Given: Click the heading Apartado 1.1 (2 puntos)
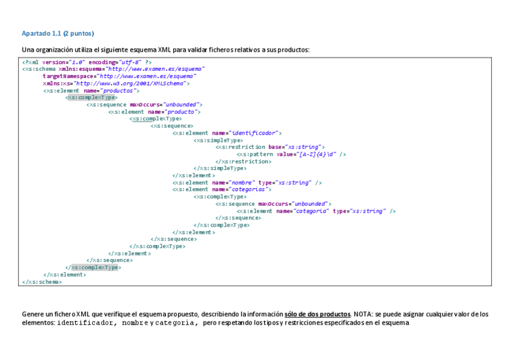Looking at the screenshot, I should tap(58, 33).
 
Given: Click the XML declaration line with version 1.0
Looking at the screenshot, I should tap(87, 62).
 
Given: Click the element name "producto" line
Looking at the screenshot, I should tap(155, 112).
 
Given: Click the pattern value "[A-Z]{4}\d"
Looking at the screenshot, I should tap(317, 154).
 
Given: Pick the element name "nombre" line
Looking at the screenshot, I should tap(247, 182).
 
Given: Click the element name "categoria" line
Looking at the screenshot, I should tap(316, 211).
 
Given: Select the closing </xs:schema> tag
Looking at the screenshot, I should tap(41, 281).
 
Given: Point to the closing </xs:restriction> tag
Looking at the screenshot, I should tap(243, 161).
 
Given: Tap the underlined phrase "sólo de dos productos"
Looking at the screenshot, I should tap(317, 314).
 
